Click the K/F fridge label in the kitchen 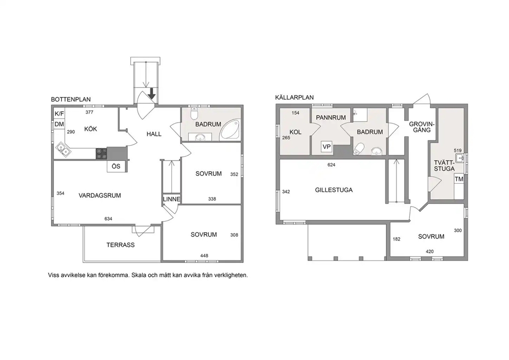[x=59, y=114]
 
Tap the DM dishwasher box [x=59, y=124]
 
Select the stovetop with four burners [x=101, y=153]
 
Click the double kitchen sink [x=63, y=150]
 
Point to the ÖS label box [x=116, y=166]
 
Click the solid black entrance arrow [x=151, y=93]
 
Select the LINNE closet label [x=171, y=199]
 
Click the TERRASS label [x=121, y=245]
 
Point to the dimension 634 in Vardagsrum [x=108, y=219]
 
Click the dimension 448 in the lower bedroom [x=204, y=255]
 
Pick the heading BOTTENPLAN [x=71, y=99]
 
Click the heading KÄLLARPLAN [x=295, y=97]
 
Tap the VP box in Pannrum [x=326, y=147]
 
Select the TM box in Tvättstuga [x=459, y=179]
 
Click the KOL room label [x=296, y=132]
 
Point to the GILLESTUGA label [x=334, y=190]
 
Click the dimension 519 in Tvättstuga [x=458, y=150]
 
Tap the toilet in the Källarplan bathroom [x=358, y=149]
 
